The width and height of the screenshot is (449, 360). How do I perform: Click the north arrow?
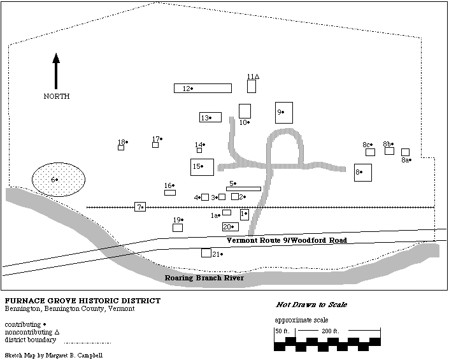[x=56, y=71]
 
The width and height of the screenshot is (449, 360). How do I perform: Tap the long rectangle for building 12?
[x=203, y=89]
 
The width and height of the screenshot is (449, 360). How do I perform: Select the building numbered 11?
[x=252, y=86]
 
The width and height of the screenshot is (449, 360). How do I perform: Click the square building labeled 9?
[x=284, y=112]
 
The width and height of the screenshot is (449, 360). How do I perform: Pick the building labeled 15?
[x=202, y=167]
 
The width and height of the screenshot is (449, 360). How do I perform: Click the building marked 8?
[x=363, y=172]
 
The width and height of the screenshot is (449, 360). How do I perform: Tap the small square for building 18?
[x=121, y=148]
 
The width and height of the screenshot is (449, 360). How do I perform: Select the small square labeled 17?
[x=155, y=145]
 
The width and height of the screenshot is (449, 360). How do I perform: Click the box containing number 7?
[x=140, y=207]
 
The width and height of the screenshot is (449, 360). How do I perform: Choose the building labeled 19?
[x=178, y=227]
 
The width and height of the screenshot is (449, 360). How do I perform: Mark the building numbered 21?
[x=206, y=253]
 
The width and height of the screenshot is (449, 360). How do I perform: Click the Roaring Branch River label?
[x=204, y=278]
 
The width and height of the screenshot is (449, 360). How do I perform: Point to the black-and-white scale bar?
[x=327, y=342]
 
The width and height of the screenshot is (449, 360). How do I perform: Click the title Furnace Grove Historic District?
[x=82, y=301]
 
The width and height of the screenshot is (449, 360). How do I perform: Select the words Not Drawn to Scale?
[x=311, y=305]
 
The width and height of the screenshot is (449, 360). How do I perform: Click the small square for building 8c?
[x=370, y=152]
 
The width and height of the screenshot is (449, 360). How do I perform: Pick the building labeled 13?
[x=210, y=117]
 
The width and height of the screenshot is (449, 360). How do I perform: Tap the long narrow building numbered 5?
[x=243, y=189]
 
